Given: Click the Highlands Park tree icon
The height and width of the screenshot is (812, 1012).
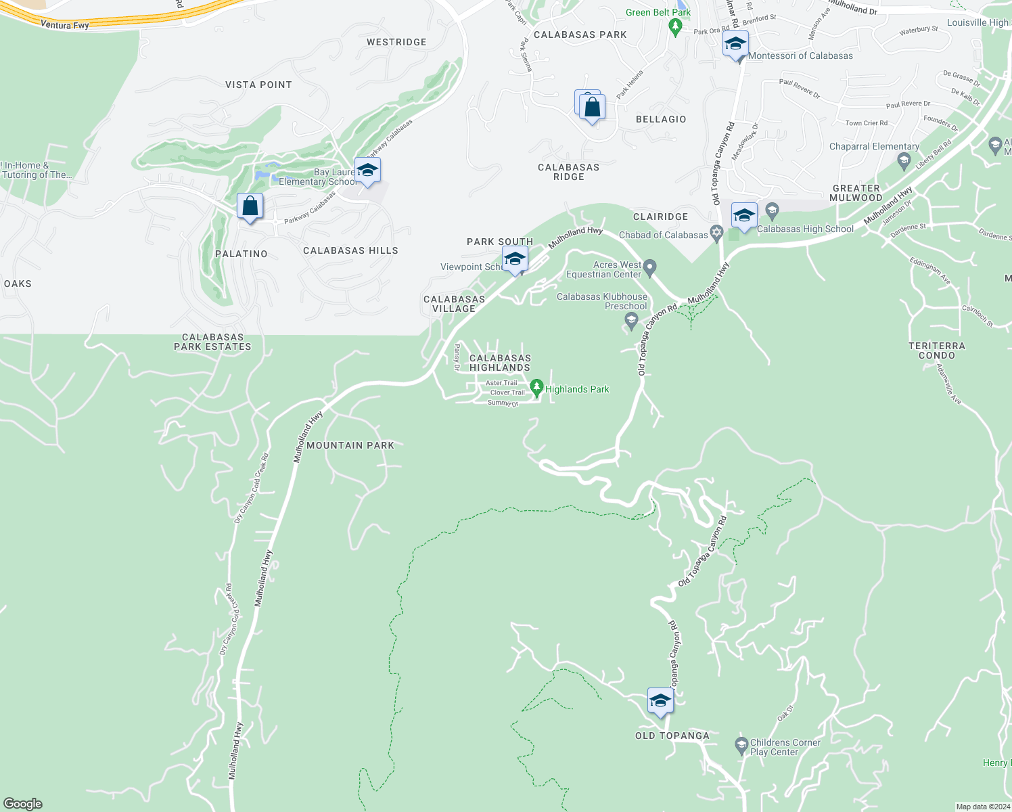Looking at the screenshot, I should (536, 388).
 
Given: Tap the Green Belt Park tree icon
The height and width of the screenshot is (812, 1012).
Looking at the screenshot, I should (674, 26).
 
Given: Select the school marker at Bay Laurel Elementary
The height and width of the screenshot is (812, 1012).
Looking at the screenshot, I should (367, 171).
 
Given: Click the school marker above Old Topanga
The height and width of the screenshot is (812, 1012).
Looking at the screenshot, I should (660, 701).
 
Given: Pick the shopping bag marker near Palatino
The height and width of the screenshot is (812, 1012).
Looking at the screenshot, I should (250, 206).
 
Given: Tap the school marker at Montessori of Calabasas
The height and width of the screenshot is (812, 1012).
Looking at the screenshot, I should (735, 45).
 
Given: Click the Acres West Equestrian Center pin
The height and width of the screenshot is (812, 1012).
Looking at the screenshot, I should (650, 268).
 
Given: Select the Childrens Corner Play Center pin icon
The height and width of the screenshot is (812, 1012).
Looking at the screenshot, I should (741, 746).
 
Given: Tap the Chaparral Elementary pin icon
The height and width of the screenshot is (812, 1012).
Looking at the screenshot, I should (904, 161).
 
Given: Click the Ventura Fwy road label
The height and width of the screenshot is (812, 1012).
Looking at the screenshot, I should (65, 25).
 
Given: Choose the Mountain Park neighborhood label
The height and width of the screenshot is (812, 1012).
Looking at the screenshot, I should (350, 445).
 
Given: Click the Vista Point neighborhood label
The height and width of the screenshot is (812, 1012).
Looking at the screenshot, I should (258, 85).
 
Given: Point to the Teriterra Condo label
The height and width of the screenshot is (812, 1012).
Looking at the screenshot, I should (937, 351).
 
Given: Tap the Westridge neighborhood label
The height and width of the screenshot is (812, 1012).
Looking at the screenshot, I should (396, 42).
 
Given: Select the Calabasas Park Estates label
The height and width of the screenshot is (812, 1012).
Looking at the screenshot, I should (212, 342).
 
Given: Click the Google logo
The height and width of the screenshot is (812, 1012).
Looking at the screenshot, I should (23, 803).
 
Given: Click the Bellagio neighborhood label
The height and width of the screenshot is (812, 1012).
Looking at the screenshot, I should (661, 119).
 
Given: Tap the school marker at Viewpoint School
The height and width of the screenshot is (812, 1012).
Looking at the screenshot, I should (515, 259).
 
